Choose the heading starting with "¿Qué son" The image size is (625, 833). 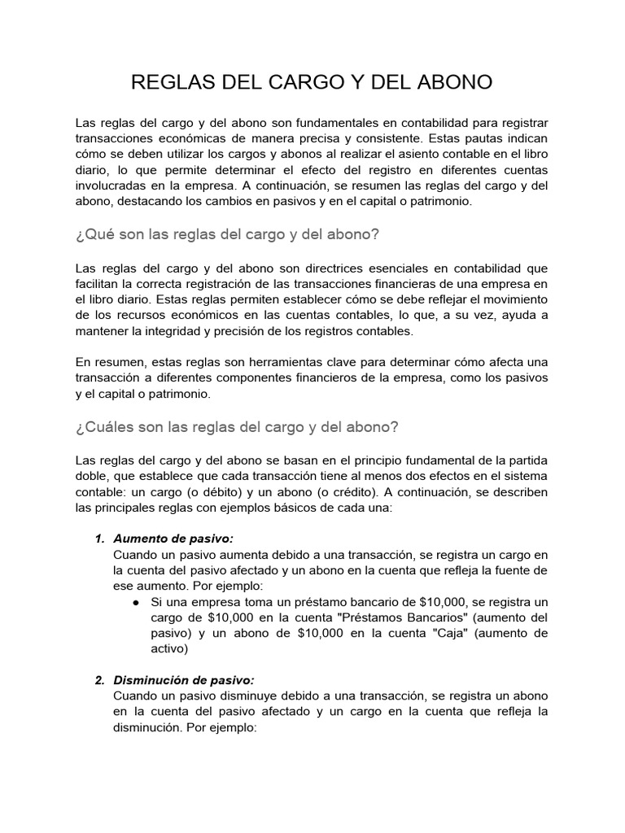coord(227,234)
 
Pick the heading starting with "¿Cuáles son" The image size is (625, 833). coord(237,427)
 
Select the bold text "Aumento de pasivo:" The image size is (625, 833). coord(173,539)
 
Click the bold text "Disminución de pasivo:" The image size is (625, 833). coord(184,680)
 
